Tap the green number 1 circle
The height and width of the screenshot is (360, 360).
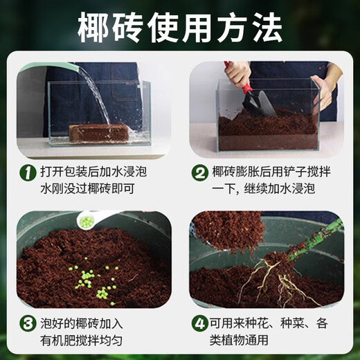pyautogui.click(x=26, y=172)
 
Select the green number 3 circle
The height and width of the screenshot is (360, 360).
pyautogui.click(x=26, y=323)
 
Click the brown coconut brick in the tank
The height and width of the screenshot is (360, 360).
pyautogui.click(x=100, y=133)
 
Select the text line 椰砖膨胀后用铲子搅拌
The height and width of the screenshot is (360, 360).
pyautogui.click(x=274, y=172)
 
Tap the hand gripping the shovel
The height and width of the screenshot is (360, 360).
pyautogui.click(x=239, y=73)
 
